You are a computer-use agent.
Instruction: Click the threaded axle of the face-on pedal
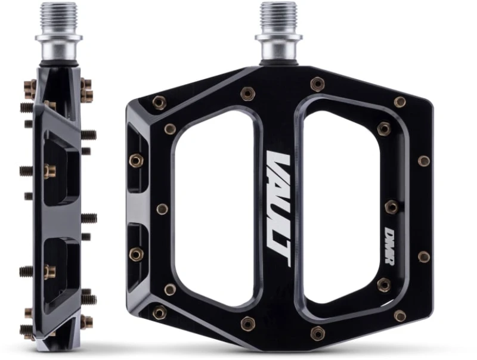[278, 18]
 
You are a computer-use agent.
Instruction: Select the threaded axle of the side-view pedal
[58, 18]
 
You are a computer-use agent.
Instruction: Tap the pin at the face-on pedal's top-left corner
[159, 103]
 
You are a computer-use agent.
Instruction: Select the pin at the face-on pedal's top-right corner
[400, 102]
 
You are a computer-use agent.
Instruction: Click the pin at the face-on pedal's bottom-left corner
[159, 312]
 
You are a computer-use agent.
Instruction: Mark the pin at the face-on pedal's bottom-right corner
[400, 315]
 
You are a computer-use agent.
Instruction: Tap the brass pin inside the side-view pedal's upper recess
[49, 172]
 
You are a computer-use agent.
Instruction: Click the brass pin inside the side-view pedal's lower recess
[49, 271]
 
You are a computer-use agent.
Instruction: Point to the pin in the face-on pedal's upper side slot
[136, 160]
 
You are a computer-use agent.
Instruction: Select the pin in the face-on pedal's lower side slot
[136, 254]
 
